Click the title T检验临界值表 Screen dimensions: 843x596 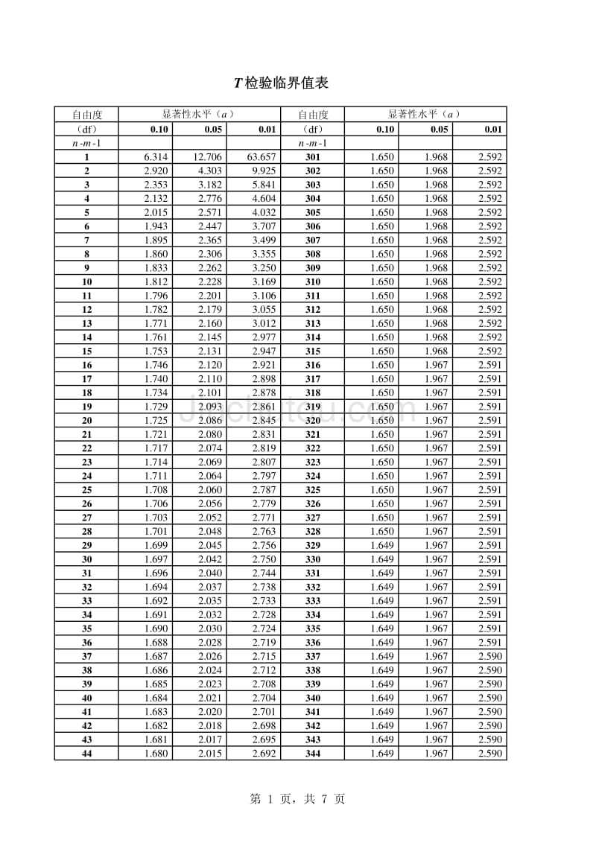tap(281, 83)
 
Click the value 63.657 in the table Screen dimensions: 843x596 tap(261, 157)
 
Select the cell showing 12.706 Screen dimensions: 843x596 tap(206, 157)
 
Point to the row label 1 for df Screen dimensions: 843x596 tap(86, 157)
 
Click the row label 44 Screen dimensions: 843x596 tap(86, 754)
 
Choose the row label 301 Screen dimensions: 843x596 tap(313, 157)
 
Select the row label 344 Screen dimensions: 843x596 tap(313, 754)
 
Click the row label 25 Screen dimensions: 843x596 tap(86, 490)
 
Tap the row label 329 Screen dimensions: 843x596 tap(313, 545)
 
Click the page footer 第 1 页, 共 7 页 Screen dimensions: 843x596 tap(297, 799)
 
